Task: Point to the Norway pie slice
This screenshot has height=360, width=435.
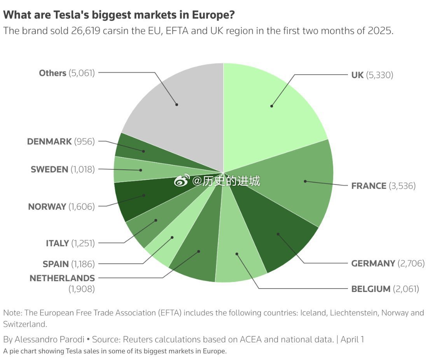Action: click(140, 198)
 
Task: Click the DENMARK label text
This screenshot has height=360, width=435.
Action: click(49, 141)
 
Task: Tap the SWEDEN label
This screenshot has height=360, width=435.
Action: click(49, 169)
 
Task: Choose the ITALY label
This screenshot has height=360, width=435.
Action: click(57, 243)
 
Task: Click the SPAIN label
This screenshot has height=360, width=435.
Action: click(56, 264)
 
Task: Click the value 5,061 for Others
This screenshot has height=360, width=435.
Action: click(82, 73)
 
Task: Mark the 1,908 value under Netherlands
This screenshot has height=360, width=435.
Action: click(82, 289)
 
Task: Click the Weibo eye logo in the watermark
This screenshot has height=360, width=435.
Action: click(181, 181)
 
